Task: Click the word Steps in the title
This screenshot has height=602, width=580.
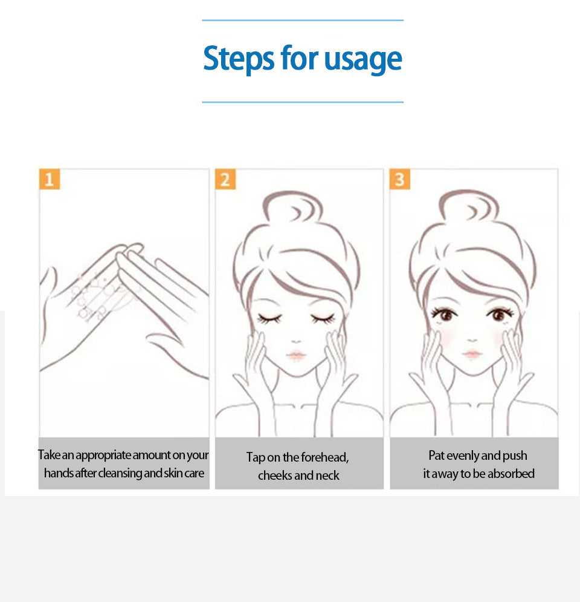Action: [239, 59]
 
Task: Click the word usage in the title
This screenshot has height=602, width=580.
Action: [363, 59]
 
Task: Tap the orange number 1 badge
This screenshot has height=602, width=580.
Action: [50, 179]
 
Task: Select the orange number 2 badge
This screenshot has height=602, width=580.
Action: [225, 179]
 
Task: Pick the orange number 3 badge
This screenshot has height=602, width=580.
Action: [400, 179]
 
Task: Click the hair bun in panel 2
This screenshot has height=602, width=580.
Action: [292, 208]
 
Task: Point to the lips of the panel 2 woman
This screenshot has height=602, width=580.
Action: [295, 356]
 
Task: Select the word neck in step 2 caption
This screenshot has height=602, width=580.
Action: [327, 476]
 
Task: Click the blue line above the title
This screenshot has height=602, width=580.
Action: [303, 20]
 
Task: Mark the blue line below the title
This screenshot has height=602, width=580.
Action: [303, 102]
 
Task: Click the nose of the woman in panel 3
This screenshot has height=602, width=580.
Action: [472, 340]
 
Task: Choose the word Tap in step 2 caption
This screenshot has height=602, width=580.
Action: [256, 457]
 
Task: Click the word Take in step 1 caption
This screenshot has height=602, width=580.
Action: [49, 455]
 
